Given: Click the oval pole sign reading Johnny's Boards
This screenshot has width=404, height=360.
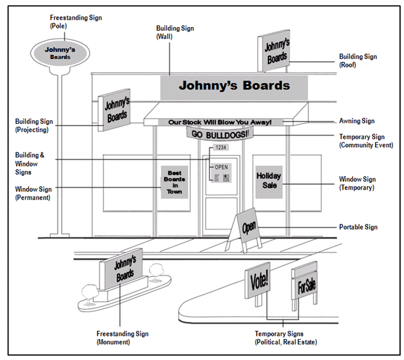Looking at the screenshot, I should (59, 53).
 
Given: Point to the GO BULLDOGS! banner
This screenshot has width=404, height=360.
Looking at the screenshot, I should (220, 133).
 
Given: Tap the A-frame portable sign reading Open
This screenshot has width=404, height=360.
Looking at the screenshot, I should (248, 227).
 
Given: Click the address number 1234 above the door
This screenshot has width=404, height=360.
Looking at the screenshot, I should (220, 148).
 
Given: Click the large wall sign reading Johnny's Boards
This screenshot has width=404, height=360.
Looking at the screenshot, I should (234, 86).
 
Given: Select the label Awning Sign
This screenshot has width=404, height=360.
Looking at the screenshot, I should (357, 121).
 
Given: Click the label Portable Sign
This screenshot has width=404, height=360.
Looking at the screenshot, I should (358, 227).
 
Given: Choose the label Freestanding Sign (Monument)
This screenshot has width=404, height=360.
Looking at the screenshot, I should (123, 337).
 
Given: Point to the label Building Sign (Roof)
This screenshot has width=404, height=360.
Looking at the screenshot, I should (358, 61).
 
